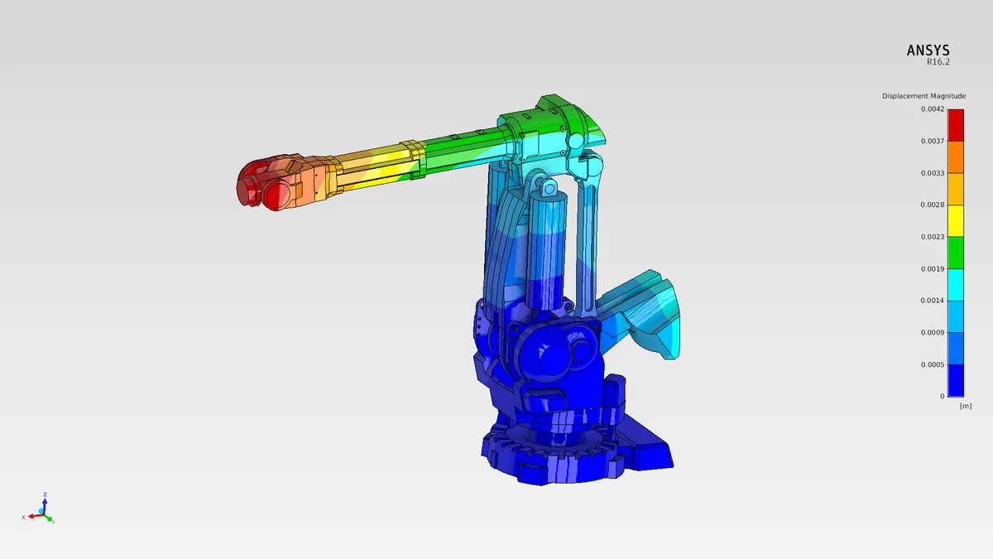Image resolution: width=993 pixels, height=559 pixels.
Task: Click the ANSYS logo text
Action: pos(928,51)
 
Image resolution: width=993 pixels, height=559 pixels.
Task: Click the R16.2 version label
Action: pos(938,62)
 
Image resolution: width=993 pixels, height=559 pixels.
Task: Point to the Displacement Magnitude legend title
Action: pos(923,96)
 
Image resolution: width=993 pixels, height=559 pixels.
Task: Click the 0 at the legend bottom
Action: pos(942,397)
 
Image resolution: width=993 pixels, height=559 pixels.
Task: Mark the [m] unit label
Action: pos(965,406)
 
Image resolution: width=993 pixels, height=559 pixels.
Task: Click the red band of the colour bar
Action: pos(956,125)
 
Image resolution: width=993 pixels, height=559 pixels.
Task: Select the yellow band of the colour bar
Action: pos(956,221)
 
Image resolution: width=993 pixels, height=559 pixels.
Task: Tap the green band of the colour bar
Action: pos(956,253)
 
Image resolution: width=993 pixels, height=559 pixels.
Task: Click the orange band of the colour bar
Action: pos(956,157)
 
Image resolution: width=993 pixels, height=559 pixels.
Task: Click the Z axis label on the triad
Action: pos(45,495)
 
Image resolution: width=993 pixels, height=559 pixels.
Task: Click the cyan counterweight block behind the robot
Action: pos(645,311)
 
